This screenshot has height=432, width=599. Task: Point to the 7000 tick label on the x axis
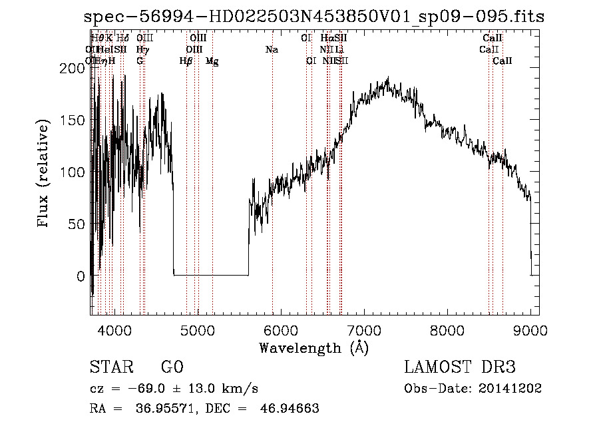pyautogui.click(x=365, y=331)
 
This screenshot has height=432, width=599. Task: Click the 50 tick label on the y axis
pyautogui.click(x=77, y=224)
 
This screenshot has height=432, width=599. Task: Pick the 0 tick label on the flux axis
pyautogui.click(x=81, y=276)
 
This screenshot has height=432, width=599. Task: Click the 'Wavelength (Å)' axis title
pyautogui.click(x=313, y=347)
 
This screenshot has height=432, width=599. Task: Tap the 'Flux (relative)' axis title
pyautogui.click(x=45, y=174)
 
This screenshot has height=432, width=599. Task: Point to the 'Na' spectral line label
pyautogui.click(x=272, y=49)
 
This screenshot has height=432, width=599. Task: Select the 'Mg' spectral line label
pyautogui.click(x=212, y=61)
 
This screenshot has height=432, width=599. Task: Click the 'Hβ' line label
pyautogui.click(x=186, y=61)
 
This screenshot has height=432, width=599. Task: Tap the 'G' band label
pyautogui.click(x=140, y=61)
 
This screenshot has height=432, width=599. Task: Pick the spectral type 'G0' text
pyautogui.click(x=172, y=367)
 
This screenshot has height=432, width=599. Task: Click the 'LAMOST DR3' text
pyautogui.click(x=460, y=367)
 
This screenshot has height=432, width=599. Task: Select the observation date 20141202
pyautogui.click(x=512, y=389)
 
